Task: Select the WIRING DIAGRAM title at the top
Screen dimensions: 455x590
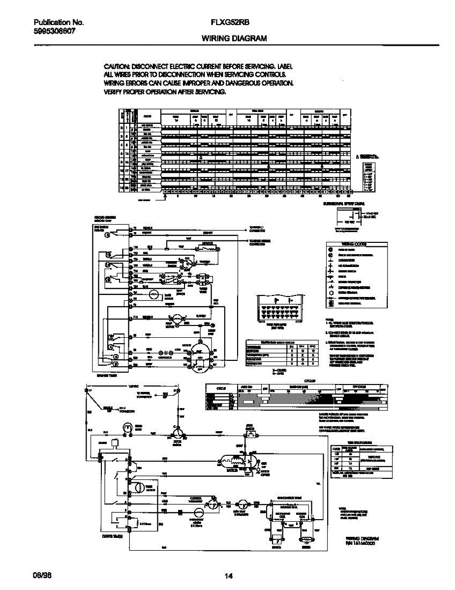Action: (x=234, y=38)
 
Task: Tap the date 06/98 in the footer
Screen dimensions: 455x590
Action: (x=41, y=576)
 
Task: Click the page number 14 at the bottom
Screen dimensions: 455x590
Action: (x=228, y=576)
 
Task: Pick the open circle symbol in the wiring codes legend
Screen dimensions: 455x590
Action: (x=331, y=293)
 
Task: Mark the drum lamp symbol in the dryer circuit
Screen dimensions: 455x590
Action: (x=126, y=428)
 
